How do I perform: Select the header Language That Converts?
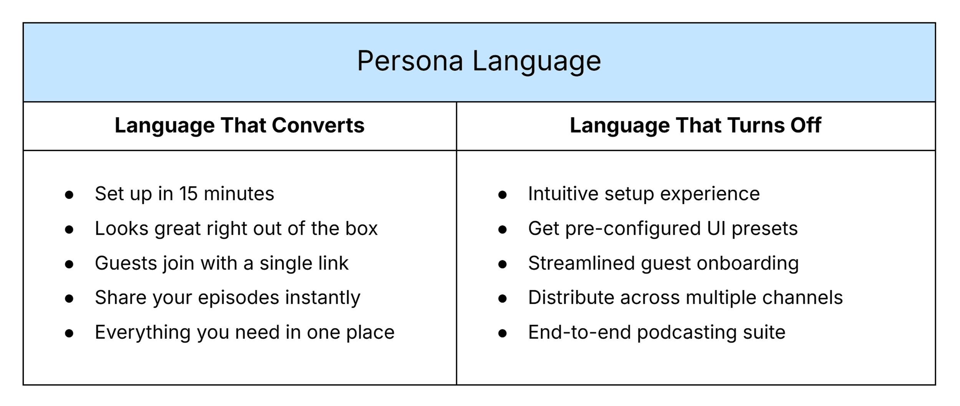click(x=239, y=125)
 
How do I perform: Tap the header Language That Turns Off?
click(x=695, y=125)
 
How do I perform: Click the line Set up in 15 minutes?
click(x=184, y=194)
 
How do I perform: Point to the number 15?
click(x=188, y=194)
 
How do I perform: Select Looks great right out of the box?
click(x=236, y=229)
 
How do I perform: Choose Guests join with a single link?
click(x=222, y=263)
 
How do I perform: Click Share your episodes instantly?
click(x=227, y=298)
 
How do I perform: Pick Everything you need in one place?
click(x=245, y=333)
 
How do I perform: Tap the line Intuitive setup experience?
click(x=644, y=194)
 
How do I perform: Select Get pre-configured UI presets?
click(x=663, y=229)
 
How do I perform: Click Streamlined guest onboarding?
click(x=663, y=263)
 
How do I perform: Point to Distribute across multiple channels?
click(x=685, y=298)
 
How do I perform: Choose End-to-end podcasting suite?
click(x=657, y=333)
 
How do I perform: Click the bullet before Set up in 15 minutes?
click(x=69, y=195)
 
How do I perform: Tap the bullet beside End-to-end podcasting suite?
click(x=502, y=333)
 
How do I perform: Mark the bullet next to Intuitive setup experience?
click(x=502, y=195)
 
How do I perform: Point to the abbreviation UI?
click(x=716, y=229)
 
